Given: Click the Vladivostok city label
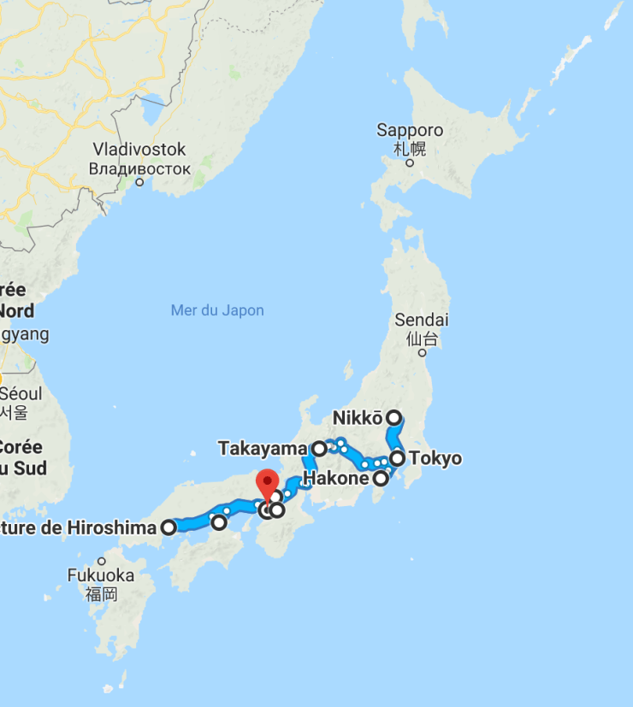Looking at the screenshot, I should [139, 150].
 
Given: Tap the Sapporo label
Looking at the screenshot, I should [410, 131].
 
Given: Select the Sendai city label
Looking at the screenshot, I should [422, 320].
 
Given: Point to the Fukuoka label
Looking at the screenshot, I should [101, 575].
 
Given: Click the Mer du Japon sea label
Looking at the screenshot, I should [217, 310].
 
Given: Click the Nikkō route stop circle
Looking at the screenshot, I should [393, 418].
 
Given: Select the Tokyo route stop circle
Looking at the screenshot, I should [398, 459].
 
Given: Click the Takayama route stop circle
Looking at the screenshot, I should [319, 448].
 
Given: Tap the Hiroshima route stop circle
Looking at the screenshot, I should [169, 527].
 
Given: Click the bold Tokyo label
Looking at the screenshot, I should [435, 459].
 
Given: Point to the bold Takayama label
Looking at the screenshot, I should [262, 448].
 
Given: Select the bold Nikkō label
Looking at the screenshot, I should [358, 418].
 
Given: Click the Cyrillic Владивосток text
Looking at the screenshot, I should [139, 168].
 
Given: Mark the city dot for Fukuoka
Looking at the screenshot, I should [101, 561].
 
